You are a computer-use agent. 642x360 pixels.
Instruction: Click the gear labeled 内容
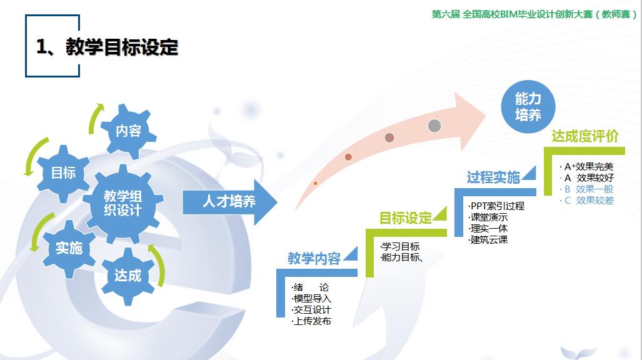tap(129, 131)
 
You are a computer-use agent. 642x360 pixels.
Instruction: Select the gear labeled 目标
tap(64, 173)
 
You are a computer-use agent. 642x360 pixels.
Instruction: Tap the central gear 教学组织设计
tap(123, 203)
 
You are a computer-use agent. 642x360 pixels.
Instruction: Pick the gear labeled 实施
tap(69, 248)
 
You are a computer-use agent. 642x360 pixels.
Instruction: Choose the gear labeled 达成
tap(128, 276)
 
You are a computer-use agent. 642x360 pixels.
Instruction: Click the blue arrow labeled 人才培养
tap(229, 201)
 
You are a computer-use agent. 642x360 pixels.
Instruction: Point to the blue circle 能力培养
tap(528, 106)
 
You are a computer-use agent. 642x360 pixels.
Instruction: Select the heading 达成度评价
tap(584, 136)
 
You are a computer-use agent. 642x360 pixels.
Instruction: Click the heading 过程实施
tap(493, 177)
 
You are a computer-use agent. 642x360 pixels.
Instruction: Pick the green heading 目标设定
tap(405, 218)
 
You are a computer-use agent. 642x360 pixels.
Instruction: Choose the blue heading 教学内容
tap(314, 258)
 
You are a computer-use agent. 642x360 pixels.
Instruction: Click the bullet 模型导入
tap(311, 299)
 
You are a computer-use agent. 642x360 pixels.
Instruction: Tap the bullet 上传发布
tap(311, 321)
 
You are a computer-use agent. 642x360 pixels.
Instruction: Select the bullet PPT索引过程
tap(496, 206)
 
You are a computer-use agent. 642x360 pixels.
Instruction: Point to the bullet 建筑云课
tap(488, 239)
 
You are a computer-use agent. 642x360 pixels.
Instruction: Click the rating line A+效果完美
tap(587, 167)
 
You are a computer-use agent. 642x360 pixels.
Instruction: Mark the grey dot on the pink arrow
tap(434, 126)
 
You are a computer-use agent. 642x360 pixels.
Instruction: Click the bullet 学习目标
tap(400, 246)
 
